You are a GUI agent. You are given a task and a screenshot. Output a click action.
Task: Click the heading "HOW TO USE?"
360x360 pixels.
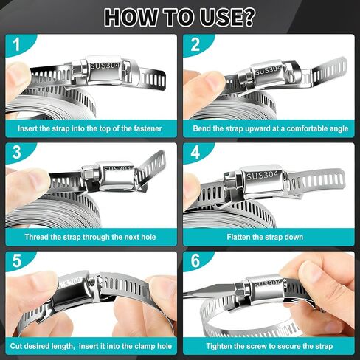180,15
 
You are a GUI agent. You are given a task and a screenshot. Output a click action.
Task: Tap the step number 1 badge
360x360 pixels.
15,45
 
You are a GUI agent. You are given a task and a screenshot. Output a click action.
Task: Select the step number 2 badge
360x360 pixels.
195,45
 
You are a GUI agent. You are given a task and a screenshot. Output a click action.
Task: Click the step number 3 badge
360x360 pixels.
15,154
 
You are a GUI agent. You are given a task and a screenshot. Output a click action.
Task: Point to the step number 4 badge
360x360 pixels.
195,154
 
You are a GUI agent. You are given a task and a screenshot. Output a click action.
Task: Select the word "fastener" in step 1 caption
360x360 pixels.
145,128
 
